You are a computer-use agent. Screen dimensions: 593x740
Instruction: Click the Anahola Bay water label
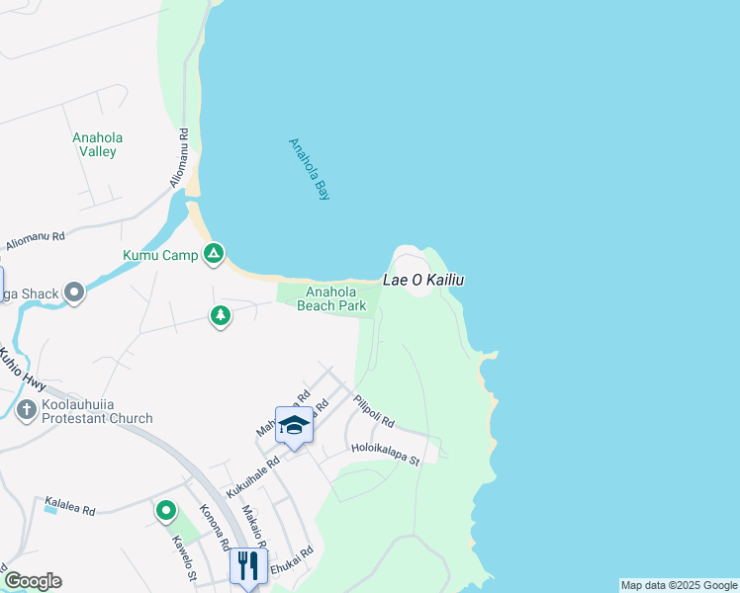[x=309, y=169]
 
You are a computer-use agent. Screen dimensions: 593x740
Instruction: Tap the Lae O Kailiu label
[x=423, y=281]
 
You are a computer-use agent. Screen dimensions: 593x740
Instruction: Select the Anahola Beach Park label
[x=331, y=298]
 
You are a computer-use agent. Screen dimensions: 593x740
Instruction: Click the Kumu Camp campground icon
[x=213, y=255]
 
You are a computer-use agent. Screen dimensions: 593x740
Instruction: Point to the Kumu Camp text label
[x=160, y=255]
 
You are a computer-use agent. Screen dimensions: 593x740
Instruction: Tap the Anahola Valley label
[x=97, y=144]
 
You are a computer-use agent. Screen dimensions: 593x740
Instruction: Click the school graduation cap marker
[x=294, y=426]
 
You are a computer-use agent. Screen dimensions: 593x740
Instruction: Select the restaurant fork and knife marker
[x=247, y=565]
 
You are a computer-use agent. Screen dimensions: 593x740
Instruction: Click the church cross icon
[x=27, y=410]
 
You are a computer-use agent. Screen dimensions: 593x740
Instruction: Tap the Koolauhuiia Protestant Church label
[x=97, y=411]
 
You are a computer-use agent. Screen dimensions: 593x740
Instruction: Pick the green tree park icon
[x=220, y=315]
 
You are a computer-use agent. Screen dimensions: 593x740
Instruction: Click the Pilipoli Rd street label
[x=373, y=411]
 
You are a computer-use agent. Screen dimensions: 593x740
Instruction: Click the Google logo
[x=33, y=581]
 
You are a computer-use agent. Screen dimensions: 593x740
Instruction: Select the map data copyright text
[x=679, y=585]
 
